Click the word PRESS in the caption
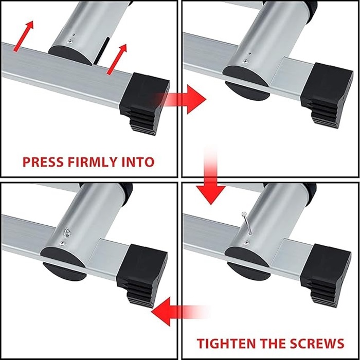pos(43,162)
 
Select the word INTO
pos(138,162)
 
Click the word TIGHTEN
pos(226,344)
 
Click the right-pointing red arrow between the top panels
pos(182,99)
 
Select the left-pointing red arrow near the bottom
pos(179,312)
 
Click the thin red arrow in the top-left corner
pos(24,36)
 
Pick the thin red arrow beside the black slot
pos(117,59)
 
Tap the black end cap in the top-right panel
pos(327,95)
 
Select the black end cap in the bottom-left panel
pos(142,275)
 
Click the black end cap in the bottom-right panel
pos(326,275)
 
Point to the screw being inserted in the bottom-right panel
pos(246,223)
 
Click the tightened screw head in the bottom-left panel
pos(67,232)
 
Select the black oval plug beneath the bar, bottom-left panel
pos(65,272)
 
